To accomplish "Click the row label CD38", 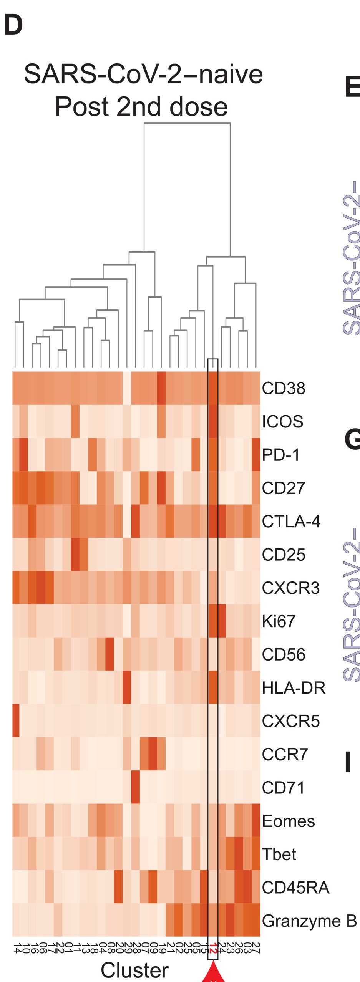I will tap(283, 388).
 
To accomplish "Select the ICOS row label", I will tap(282, 421).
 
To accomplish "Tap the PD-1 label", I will tap(280, 455).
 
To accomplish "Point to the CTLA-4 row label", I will tap(291, 521).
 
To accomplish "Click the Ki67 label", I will tap(279, 621).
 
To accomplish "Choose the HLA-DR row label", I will tap(294, 688).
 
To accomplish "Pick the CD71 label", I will tap(283, 788).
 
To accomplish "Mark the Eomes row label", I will tap(288, 821).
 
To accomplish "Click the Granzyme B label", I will tap(309, 921).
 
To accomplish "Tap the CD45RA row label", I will tap(295, 888).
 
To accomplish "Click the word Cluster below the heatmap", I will tap(134, 970).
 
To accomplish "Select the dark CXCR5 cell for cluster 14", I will tap(16, 721).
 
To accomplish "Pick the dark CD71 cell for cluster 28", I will tap(135, 788).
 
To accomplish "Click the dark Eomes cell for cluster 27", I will tap(256, 821).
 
